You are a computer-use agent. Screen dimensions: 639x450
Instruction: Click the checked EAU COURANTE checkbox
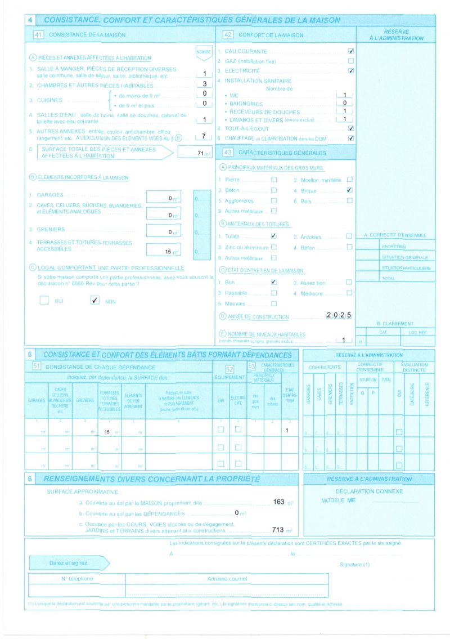tap(351, 51)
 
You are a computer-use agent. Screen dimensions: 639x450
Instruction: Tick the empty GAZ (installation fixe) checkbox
tap(351, 61)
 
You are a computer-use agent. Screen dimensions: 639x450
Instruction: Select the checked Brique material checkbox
tap(349, 190)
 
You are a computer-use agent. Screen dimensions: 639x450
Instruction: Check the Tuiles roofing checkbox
tap(274, 236)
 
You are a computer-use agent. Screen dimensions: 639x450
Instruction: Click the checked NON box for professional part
tap(94, 301)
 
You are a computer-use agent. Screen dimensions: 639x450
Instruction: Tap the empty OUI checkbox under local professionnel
tap(44, 301)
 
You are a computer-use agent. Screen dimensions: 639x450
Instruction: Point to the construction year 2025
tap(339, 315)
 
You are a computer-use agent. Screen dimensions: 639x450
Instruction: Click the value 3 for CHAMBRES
tap(204, 84)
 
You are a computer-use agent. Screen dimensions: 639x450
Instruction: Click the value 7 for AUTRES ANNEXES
tap(204, 136)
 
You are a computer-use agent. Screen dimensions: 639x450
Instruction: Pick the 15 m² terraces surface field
tap(164, 252)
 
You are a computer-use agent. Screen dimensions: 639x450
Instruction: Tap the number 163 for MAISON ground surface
tap(279, 501)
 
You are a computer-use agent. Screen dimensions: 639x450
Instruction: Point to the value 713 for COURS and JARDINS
tap(278, 530)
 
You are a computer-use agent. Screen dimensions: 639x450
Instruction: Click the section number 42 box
tap(228, 35)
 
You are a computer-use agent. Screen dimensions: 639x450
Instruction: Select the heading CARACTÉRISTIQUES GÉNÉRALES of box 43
tap(282, 153)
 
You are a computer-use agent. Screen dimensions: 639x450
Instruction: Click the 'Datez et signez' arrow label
tap(69, 563)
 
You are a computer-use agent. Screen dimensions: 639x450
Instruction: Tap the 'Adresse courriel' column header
tap(227, 579)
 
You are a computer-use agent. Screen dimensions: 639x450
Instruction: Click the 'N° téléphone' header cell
tap(78, 579)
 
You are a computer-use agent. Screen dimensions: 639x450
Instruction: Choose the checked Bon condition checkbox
tap(274, 281)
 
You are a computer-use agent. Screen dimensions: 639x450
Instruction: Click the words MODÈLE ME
tap(339, 500)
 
